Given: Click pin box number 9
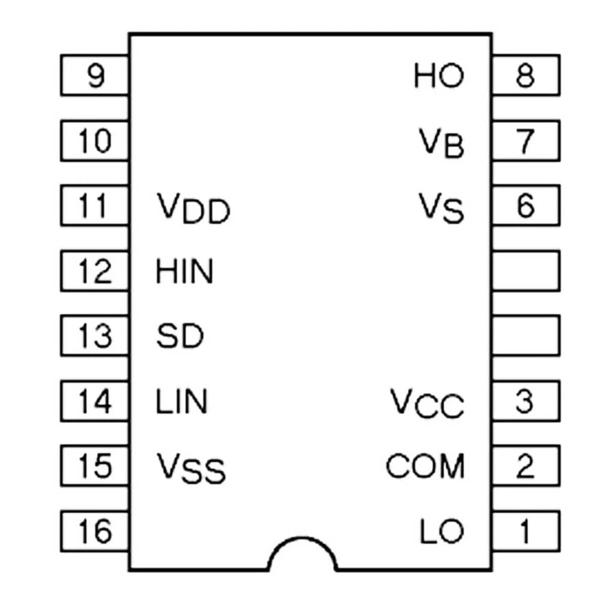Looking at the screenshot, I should point(95,76).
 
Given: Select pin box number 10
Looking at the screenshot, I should point(95,141).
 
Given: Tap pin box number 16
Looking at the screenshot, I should point(95,531).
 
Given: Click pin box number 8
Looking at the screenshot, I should point(525,76).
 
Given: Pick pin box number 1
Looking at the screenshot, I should point(525,531).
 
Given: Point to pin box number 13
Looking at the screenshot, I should point(95,336).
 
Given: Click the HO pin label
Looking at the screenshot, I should point(438,76).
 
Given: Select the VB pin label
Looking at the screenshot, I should point(441,143).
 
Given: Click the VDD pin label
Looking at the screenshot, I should point(193,209).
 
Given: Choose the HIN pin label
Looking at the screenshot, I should point(185,272).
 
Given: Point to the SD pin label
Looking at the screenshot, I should point(180,336).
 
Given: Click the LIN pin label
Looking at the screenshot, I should point(182,401).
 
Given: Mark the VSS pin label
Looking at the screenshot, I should point(191,468).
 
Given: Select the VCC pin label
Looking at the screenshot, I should point(428,404).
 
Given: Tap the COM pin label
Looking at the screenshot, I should point(425,466).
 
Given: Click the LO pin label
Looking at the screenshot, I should point(442,531).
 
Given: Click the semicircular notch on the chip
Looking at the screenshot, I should point(302,555).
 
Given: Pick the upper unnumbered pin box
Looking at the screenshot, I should point(525,270).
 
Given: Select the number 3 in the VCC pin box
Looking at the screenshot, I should point(525,401).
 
